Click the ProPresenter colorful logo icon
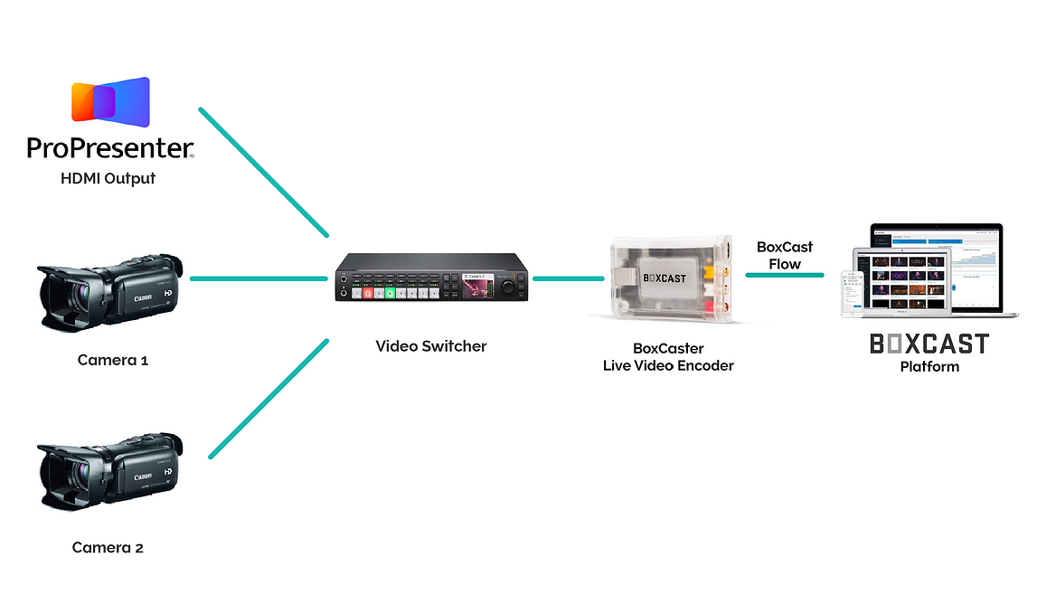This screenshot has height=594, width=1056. point(110,100)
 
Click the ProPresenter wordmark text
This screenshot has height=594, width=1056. point(110,148)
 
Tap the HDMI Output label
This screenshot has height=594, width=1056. point(108,178)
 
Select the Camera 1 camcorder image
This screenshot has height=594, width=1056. point(110,288)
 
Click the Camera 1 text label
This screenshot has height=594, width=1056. point(112,360)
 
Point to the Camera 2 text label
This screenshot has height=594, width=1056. point(108,547)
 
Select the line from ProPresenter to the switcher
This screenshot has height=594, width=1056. point(263,173)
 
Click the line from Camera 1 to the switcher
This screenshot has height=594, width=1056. point(259,278)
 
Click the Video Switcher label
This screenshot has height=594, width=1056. point(431,345)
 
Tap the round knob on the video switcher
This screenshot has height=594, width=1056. point(508,286)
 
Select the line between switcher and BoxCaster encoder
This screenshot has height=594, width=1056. point(568,278)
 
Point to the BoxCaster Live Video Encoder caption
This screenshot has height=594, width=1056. point(668,357)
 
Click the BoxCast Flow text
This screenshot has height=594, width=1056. point(785,255)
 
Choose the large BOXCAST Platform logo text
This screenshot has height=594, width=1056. point(929,344)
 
